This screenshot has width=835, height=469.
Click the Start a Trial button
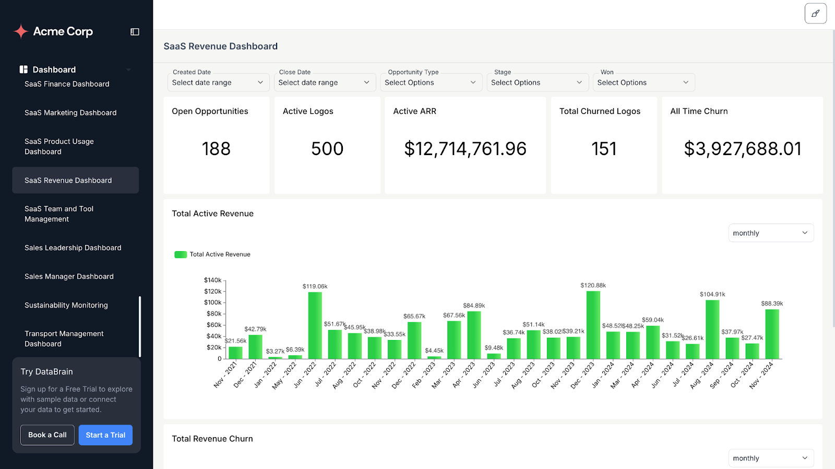coord(105,435)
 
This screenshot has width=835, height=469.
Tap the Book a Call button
coord(47,435)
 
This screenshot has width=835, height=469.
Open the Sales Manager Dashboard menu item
coord(69,276)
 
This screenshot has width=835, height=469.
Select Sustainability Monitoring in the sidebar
coord(66,305)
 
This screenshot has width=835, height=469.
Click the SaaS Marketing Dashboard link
coord(70,113)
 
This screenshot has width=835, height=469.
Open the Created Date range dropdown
coord(218,83)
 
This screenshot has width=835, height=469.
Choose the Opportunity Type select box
coord(431,83)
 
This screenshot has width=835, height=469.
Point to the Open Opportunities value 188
coord(216,149)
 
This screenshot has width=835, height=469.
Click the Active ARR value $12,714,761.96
coord(465,149)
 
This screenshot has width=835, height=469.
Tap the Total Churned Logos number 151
coord(604,149)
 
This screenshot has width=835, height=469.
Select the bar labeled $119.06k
coord(315,325)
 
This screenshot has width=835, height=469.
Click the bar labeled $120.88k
coord(593,325)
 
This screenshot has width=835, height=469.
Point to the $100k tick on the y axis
coord(212,302)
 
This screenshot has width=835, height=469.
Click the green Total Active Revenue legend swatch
coord(181,254)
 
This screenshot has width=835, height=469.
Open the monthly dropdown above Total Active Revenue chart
coord(770,233)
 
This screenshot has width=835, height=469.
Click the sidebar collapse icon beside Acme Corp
coord(135,32)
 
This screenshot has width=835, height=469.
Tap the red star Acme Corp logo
coord(21,31)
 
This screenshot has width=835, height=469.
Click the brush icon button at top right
coord(815,14)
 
